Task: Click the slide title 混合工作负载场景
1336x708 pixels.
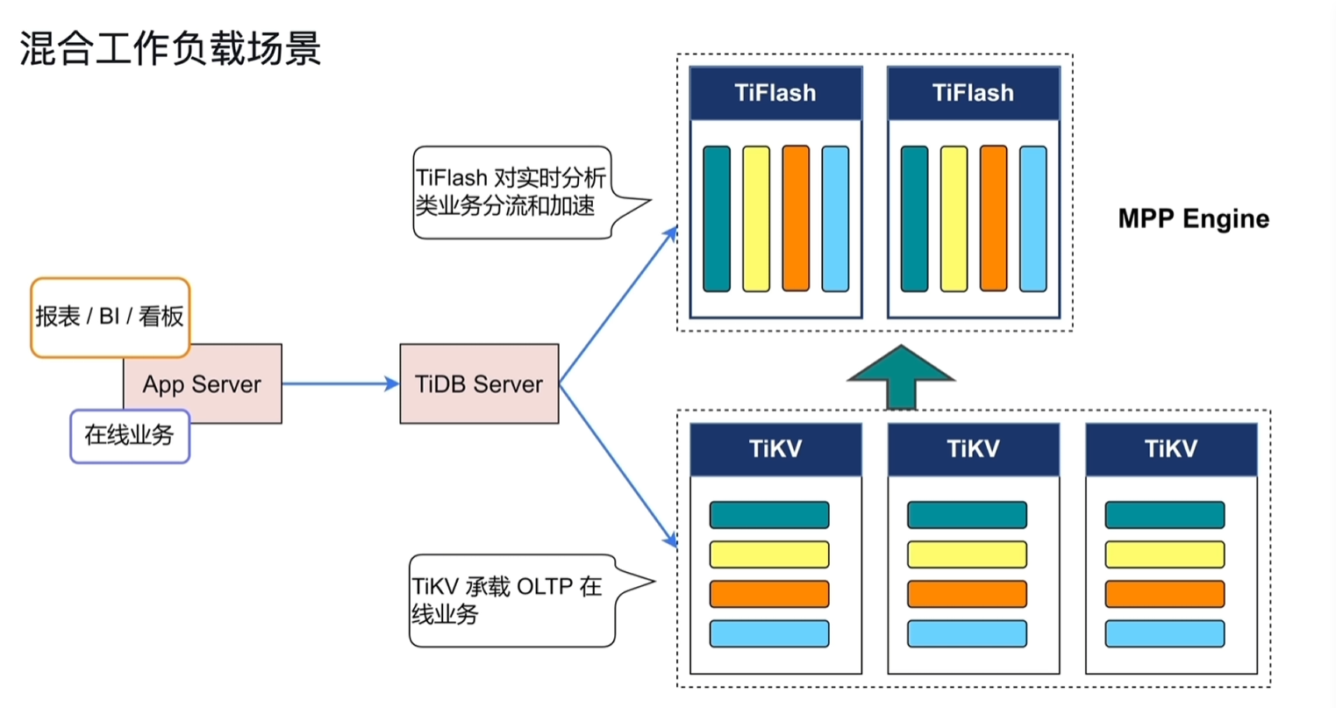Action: coord(170,48)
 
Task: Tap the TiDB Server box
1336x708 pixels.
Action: coord(480,383)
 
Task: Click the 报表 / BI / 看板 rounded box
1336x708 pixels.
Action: coord(111,318)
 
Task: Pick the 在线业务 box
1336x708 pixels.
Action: coord(130,436)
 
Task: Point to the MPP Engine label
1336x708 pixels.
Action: coord(1194,219)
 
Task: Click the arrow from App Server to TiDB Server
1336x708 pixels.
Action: coord(340,383)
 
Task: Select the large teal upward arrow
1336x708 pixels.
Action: coord(901,377)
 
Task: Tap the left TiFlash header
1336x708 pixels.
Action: coord(776,93)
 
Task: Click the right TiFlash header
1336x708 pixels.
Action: coord(974,93)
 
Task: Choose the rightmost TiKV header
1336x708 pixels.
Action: coord(1171,449)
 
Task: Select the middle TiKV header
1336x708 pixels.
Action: coord(974,449)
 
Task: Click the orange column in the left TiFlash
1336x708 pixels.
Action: coord(796,218)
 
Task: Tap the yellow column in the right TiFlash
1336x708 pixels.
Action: coord(954,219)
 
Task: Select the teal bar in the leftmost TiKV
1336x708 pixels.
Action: coord(769,515)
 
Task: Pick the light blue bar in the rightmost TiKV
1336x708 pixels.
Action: coord(1165,633)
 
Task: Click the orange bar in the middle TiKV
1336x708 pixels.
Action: coord(967,594)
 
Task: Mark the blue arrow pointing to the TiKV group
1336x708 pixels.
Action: coord(618,465)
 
